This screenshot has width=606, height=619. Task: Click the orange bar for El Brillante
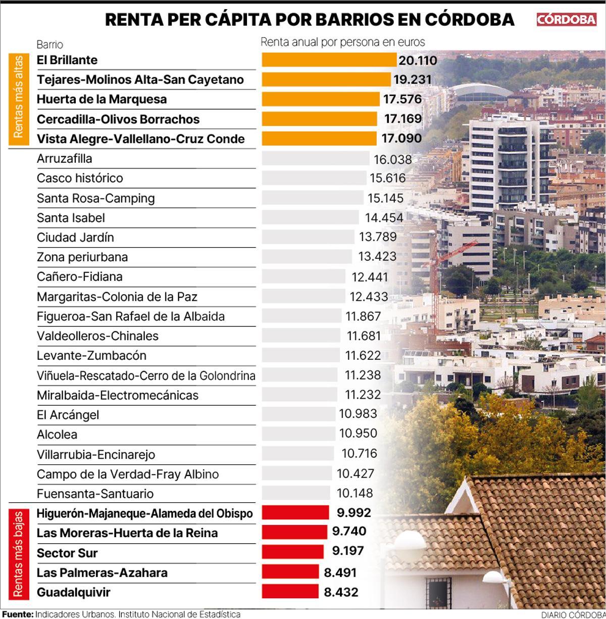click(329, 60)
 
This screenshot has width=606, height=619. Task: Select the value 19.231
click(413, 79)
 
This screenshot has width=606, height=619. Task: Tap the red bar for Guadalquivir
click(290, 592)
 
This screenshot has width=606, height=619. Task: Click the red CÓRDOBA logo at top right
click(566, 19)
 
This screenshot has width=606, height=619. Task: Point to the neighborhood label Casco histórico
click(80, 178)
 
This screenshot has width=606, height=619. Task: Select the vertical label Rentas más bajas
click(18, 553)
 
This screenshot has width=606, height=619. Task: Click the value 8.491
click(340, 573)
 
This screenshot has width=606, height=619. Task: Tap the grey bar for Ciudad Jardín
click(308, 237)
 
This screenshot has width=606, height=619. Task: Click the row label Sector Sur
click(67, 553)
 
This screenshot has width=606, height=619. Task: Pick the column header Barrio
click(49, 44)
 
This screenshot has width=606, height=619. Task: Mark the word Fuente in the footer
click(17, 614)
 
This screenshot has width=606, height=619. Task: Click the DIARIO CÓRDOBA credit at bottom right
click(573, 614)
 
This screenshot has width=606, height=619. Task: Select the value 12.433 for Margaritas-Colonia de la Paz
click(369, 296)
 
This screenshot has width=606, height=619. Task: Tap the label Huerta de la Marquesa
click(102, 99)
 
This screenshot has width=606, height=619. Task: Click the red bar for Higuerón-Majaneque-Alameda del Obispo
click(295, 513)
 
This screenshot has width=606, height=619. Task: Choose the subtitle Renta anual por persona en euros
click(343, 42)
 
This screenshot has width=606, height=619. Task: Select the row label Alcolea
click(57, 435)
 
